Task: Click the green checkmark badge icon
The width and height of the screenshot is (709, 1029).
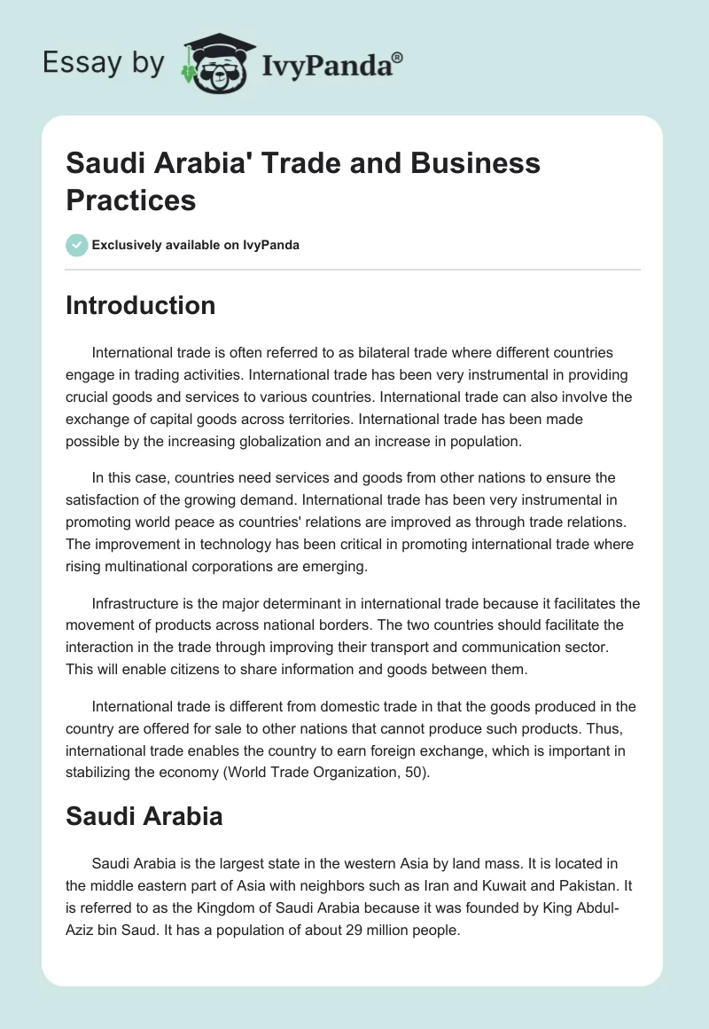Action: [x=77, y=245]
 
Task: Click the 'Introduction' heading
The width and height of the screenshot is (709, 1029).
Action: [x=141, y=305]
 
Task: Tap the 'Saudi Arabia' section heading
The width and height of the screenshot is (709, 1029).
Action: [x=144, y=816]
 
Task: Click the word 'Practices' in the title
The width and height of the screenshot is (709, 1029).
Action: [x=131, y=200]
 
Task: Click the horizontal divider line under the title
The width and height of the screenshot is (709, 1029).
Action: [x=354, y=269]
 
